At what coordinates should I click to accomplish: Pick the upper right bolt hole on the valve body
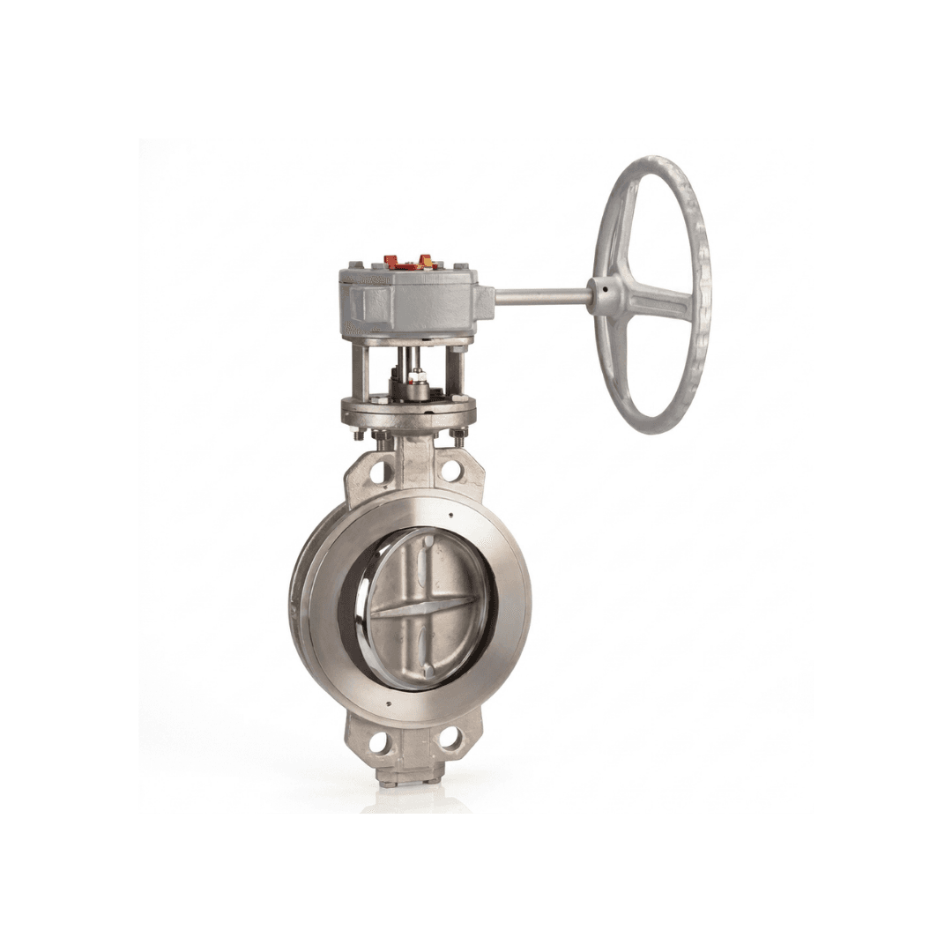pos(450,470)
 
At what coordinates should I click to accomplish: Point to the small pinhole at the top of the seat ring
pos(450,516)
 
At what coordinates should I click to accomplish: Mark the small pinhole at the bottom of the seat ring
pos(389,703)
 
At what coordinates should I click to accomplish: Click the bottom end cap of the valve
pos(400,777)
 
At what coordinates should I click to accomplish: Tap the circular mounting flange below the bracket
pos(408,410)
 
